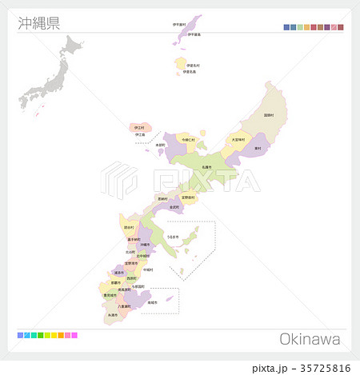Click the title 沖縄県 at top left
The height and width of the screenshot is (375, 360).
click(x=38, y=22)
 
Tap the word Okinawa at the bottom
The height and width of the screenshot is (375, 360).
click(x=310, y=339)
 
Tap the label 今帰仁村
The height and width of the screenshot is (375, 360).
click(x=189, y=139)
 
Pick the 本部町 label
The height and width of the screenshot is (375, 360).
click(x=160, y=146)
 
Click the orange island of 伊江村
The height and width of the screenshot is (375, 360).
click(x=138, y=128)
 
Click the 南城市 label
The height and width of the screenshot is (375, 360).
click(x=152, y=303)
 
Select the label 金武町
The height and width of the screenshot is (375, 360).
click(x=174, y=206)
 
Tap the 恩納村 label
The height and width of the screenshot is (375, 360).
click(x=162, y=198)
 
